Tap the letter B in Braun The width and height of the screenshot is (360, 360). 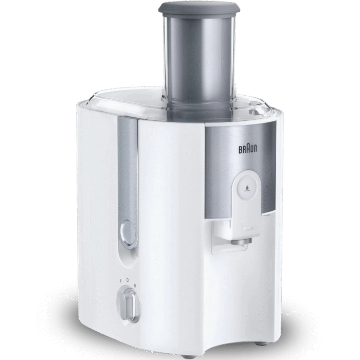(241, 150)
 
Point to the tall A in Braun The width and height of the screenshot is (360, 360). (248, 148)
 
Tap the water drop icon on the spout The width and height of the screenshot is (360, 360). (247, 188)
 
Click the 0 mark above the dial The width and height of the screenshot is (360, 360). (128, 280)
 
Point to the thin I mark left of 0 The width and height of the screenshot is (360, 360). (120, 281)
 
